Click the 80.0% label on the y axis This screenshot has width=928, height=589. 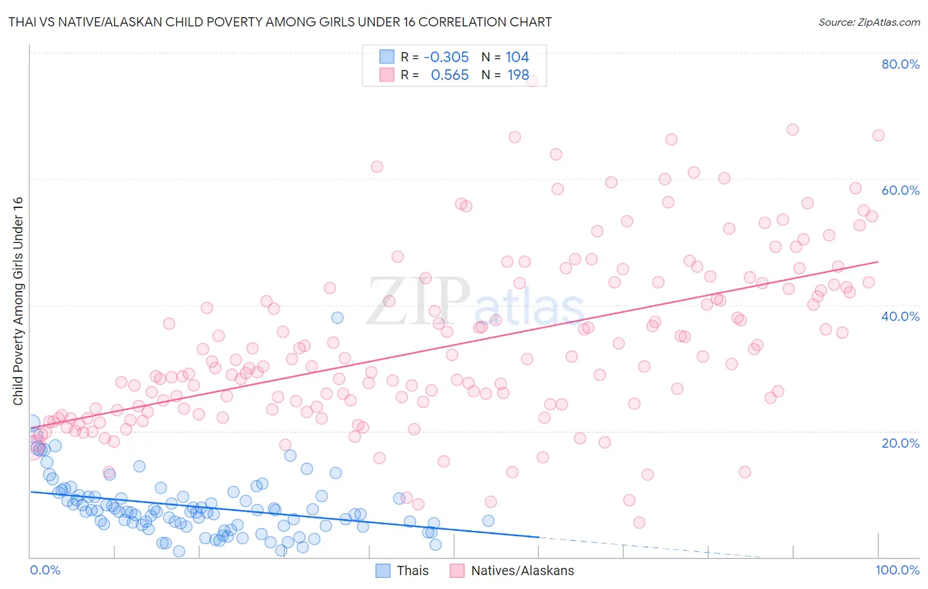(900, 64)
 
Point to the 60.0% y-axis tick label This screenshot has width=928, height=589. (900, 190)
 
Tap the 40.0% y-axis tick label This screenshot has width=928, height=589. (900, 316)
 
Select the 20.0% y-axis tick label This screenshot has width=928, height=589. (900, 443)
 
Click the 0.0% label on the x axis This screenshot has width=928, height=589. (45, 571)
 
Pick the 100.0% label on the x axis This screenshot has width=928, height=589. (898, 571)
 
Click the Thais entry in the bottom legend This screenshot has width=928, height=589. (413, 571)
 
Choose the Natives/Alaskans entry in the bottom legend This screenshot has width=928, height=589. (522, 571)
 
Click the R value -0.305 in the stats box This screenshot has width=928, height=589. (446, 57)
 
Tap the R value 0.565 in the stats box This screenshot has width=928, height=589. (449, 75)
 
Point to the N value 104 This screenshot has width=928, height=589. (517, 57)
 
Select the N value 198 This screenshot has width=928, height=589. (518, 75)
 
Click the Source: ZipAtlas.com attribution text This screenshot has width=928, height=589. (869, 22)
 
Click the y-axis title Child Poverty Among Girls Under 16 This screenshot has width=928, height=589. (18, 301)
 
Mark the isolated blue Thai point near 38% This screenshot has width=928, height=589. (337, 318)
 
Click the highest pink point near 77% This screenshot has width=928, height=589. (532, 81)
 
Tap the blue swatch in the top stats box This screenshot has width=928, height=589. (387, 57)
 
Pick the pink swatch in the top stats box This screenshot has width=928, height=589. (387, 75)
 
